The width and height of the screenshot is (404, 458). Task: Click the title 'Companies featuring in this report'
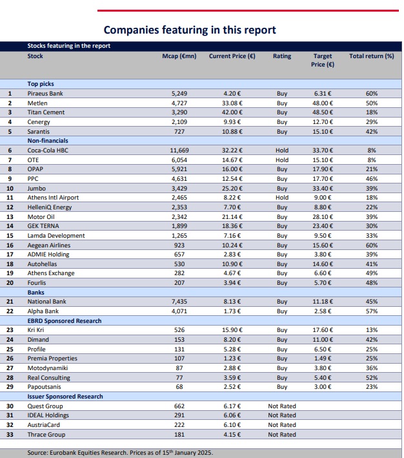(x=190, y=30)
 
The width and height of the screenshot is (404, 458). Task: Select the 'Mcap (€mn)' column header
(x=179, y=56)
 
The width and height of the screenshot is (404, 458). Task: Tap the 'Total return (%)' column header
(x=371, y=56)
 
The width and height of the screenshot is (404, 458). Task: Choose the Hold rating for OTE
(x=282, y=160)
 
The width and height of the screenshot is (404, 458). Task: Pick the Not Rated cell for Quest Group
(x=282, y=406)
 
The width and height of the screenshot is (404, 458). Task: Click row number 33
(x=10, y=434)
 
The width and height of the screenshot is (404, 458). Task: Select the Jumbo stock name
(x=37, y=188)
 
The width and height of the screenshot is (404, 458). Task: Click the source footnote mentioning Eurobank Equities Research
(x=120, y=453)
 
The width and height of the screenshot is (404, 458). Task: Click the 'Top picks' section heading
(x=41, y=84)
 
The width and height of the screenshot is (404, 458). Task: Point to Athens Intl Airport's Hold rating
(x=282, y=198)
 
